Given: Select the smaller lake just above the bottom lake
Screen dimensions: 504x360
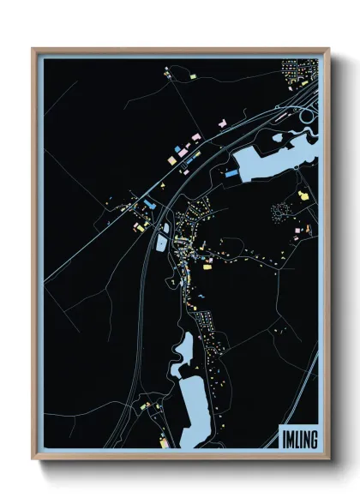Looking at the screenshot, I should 183,351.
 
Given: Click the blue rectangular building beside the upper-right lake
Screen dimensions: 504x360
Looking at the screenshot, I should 231,172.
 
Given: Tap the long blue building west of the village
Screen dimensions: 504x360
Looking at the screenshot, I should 151,205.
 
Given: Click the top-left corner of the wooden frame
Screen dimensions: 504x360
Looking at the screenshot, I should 33,49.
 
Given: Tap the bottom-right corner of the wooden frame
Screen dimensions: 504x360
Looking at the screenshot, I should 329,460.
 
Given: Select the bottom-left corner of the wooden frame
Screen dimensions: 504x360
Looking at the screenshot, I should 33,460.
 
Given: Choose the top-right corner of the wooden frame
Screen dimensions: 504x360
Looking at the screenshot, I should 329,49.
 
